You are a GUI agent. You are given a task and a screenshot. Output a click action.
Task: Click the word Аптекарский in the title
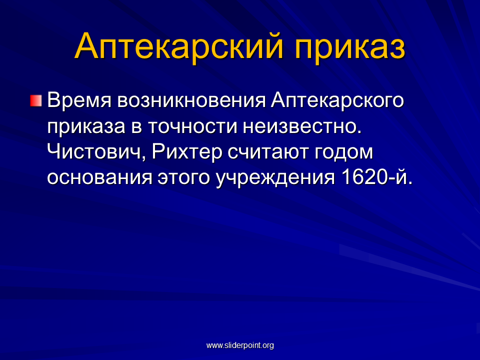179,46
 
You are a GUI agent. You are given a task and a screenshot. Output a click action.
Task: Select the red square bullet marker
36,100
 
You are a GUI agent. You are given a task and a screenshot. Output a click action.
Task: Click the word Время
79,100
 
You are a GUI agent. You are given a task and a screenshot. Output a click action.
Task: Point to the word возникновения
191,100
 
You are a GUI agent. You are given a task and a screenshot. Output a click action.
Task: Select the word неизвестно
302,126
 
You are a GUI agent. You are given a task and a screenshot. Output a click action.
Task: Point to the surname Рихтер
186,152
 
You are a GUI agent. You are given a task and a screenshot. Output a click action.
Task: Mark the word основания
100,177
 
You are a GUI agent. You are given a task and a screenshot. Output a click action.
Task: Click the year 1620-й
377,176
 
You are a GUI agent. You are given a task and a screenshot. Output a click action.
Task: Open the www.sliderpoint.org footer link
240,345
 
